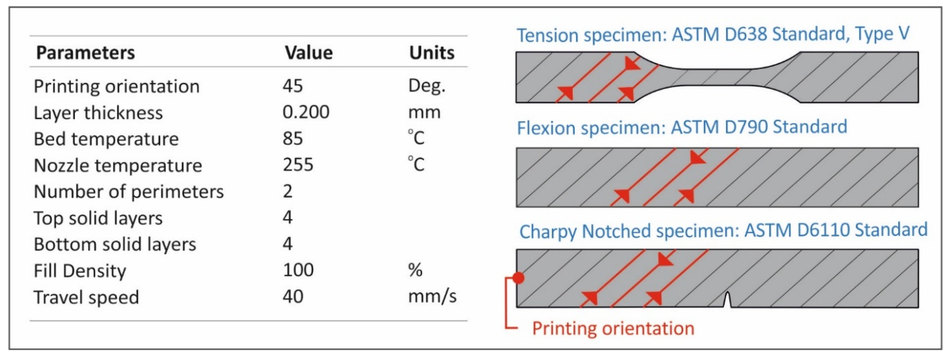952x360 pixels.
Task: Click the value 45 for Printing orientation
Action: pyautogui.click(x=293, y=86)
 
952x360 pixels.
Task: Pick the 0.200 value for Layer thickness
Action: pyautogui.click(x=306, y=112)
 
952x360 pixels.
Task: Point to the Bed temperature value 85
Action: pyautogui.click(x=293, y=139)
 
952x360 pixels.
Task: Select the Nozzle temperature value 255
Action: pyautogui.click(x=298, y=165)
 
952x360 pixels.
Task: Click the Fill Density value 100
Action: pyautogui.click(x=298, y=270)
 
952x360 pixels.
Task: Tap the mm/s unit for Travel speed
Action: pyautogui.click(x=432, y=296)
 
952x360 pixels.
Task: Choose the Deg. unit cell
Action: pyautogui.click(x=427, y=86)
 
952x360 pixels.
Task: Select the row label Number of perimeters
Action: pyautogui.click(x=129, y=192)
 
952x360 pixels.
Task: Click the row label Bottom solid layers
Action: pyautogui.click(x=115, y=244)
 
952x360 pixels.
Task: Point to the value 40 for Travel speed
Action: pyautogui.click(x=293, y=296)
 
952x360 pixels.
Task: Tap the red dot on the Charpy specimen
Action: pyautogui.click(x=519, y=278)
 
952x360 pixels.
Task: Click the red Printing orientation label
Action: pyautogui.click(x=613, y=328)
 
